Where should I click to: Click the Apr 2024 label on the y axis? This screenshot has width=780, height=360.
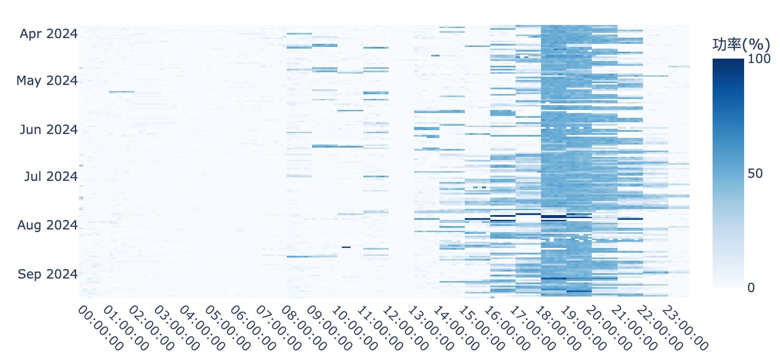click(x=49, y=34)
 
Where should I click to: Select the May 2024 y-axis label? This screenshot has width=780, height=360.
click(x=47, y=81)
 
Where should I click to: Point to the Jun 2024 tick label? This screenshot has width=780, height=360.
click(x=49, y=130)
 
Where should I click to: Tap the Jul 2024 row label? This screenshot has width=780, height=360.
click(x=51, y=176)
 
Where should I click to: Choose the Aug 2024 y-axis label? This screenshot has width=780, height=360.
click(x=47, y=225)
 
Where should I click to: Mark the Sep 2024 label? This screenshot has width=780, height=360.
click(x=47, y=274)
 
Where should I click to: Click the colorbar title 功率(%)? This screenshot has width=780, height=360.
click(x=741, y=45)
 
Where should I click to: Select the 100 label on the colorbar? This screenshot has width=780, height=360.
click(x=759, y=59)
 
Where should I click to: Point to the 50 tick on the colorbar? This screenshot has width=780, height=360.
click(x=755, y=173)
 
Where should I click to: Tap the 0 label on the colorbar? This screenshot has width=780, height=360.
click(x=751, y=288)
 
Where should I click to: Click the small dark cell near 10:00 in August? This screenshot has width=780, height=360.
click(x=346, y=247)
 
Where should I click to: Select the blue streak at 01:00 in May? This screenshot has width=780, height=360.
click(x=121, y=92)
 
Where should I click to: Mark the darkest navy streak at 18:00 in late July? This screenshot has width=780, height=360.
click(x=553, y=216)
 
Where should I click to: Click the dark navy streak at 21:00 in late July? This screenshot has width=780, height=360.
click(x=630, y=219)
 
